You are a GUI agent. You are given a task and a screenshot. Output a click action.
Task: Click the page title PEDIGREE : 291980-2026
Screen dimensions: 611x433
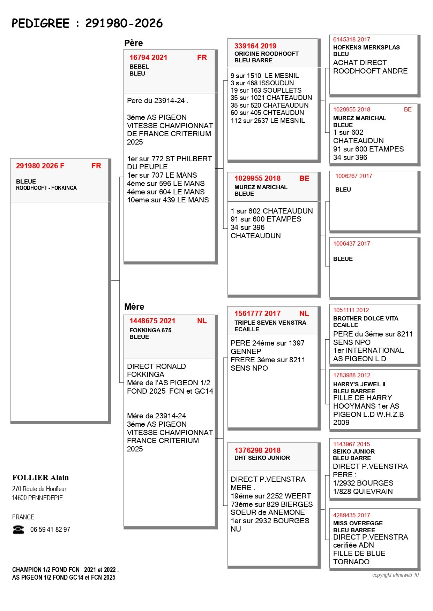click(x=87, y=23)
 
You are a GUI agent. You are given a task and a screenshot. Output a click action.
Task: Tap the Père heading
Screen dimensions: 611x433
click(x=134, y=43)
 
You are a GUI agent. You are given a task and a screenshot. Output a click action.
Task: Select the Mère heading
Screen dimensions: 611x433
click(x=134, y=307)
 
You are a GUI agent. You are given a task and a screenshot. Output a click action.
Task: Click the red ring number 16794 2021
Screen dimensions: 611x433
click(x=148, y=57)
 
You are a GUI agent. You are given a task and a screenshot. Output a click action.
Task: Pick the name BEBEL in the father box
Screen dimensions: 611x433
click(x=139, y=67)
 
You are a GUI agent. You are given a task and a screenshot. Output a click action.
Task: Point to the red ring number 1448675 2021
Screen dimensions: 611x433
click(x=152, y=321)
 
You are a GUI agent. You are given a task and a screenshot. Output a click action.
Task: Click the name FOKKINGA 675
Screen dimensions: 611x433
click(x=150, y=330)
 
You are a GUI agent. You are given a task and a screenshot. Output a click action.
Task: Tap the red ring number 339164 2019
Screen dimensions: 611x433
click(x=255, y=46)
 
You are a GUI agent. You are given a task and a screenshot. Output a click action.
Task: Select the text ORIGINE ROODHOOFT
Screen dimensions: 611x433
click(x=267, y=54)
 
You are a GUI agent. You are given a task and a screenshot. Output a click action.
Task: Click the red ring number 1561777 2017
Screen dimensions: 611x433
click(x=257, y=314)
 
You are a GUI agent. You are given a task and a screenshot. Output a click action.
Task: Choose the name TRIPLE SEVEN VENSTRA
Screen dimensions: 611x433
click(x=270, y=323)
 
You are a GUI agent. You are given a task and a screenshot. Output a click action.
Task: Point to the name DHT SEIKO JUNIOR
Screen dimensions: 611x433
click(x=262, y=458)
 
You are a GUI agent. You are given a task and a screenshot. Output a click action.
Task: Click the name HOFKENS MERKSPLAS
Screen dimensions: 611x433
click(x=366, y=47)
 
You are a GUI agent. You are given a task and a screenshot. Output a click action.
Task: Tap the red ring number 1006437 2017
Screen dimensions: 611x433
click(x=352, y=243)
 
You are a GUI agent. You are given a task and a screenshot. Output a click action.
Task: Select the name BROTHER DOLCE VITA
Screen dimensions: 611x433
click(x=366, y=318)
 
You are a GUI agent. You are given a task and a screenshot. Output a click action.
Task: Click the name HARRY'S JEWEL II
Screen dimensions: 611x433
click(x=359, y=384)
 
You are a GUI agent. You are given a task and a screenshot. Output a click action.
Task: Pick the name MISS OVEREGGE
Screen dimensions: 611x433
click(x=358, y=523)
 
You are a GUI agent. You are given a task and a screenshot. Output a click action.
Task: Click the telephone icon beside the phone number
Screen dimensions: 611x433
click(x=18, y=529)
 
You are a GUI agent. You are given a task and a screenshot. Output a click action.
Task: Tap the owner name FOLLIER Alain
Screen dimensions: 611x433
click(x=40, y=478)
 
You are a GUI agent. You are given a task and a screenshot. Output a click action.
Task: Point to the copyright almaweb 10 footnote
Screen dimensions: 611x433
click(x=395, y=575)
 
